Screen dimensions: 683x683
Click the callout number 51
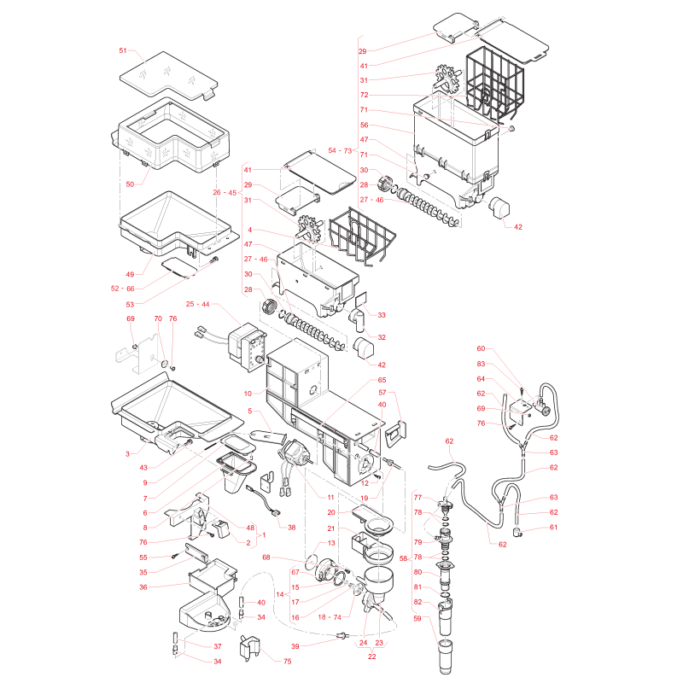tap(123, 50)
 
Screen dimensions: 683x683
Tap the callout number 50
tap(130, 184)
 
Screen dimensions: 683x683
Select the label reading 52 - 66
tap(123, 289)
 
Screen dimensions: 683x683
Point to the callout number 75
tap(288, 661)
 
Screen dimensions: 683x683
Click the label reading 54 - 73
tap(340, 150)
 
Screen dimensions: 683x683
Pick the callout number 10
tap(248, 394)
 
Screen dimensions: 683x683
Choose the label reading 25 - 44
tap(198, 304)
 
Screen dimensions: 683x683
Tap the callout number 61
tap(553, 527)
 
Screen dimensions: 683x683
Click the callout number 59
tap(417, 618)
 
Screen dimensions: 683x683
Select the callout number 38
tap(291, 527)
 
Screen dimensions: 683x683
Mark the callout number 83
tap(481, 364)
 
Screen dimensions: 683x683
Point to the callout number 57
tap(382, 393)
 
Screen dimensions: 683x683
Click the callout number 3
tap(127, 454)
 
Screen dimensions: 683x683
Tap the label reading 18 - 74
tap(330, 616)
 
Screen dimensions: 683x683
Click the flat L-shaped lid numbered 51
tap(168, 75)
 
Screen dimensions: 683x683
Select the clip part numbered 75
tap(249, 648)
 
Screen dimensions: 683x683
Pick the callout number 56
tap(365, 125)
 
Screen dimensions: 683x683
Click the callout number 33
tap(382, 315)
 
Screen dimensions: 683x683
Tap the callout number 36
tap(143, 587)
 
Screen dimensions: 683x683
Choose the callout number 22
tap(372, 657)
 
